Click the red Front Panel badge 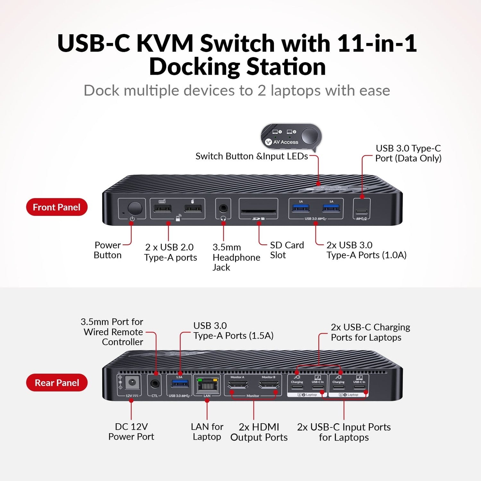coord(57,207)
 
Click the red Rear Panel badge coord(57,383)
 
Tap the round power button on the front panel coord(135,208)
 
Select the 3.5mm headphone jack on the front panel coord(223,208)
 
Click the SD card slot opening coord(258,211)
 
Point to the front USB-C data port coord(362,211)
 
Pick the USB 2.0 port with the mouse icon coord(193,209)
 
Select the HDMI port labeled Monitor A coord(238,384)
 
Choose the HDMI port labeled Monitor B coord(268,384)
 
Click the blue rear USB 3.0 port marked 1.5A coord(179,384)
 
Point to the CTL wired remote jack coord(155,384)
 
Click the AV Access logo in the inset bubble coord(282,142)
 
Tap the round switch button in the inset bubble coord(309,136)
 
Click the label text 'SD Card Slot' coord(287,250)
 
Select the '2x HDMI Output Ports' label coord(259,432)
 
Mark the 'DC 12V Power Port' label coord(131,432)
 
